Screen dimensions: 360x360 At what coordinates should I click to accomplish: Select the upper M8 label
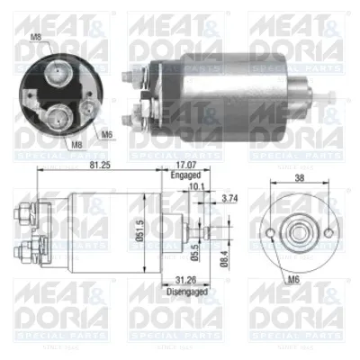coord(35,38)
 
